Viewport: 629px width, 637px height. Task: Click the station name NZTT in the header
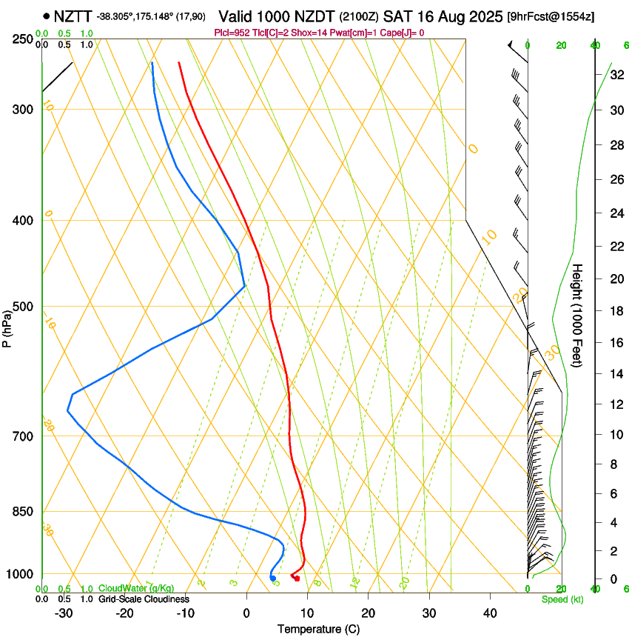(73, 16)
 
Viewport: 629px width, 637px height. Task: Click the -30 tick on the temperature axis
(64, 613)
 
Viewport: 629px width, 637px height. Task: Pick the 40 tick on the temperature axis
(489, 613)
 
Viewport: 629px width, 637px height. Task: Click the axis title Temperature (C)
(318, 629)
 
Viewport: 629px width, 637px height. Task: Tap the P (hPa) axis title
(7, 326)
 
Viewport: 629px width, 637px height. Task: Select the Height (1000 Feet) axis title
(578, 315)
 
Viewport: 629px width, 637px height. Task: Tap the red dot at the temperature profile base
(297, 578)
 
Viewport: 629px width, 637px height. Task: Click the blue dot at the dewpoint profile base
(273, 578)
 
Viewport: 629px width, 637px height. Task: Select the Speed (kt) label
(562, 599)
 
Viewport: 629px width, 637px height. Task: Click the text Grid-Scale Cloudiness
(143, 599)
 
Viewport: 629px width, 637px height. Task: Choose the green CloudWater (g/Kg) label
(136, 588)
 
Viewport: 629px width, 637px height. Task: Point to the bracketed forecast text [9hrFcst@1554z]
(551, 16)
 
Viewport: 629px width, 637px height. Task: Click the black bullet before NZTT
(47, 16)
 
